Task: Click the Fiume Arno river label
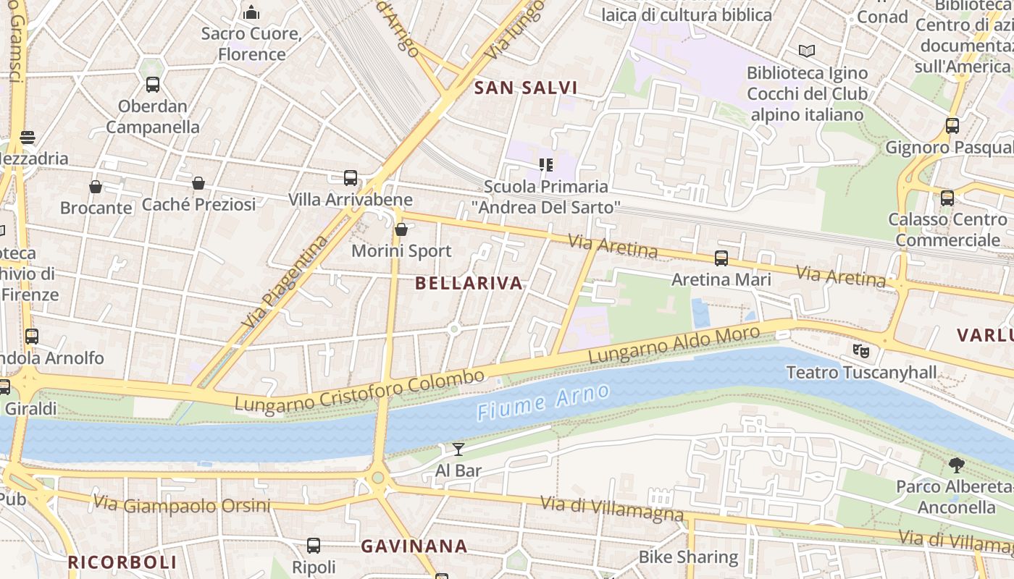543,402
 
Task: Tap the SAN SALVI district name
526,88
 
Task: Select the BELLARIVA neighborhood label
469,284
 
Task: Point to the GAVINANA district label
414,546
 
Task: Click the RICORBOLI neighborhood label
122,562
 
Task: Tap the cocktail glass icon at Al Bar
458,449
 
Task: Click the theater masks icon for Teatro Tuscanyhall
860,351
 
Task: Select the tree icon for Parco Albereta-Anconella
956,465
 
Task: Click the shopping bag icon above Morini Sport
401,230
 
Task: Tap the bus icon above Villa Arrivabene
351,178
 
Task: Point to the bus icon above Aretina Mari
721,258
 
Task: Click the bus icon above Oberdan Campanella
153,85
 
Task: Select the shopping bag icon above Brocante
96,187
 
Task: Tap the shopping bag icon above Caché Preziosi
198,183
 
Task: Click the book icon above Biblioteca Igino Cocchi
806,51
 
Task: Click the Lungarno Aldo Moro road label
674,345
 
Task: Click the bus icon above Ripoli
314,546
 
